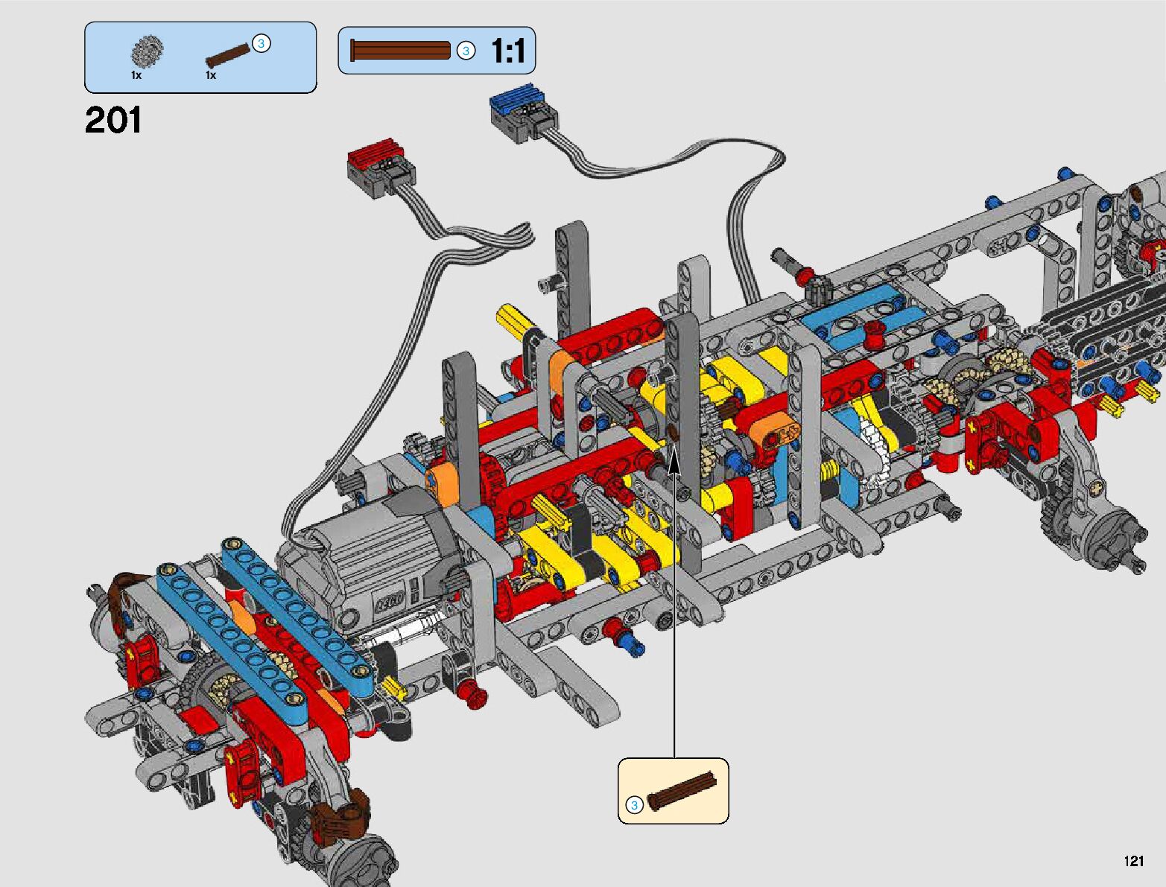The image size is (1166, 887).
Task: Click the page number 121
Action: (x=1134, y=861)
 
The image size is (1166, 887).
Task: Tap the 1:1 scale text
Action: (x=508, y=51)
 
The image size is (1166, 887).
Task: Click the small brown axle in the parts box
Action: (x=228, y=55)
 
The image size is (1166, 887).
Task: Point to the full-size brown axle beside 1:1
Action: (x=401, y=51)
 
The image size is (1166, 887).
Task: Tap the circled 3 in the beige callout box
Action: (x=634, y=805)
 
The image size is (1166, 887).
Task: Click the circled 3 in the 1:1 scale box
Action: (x=466, y=51)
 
